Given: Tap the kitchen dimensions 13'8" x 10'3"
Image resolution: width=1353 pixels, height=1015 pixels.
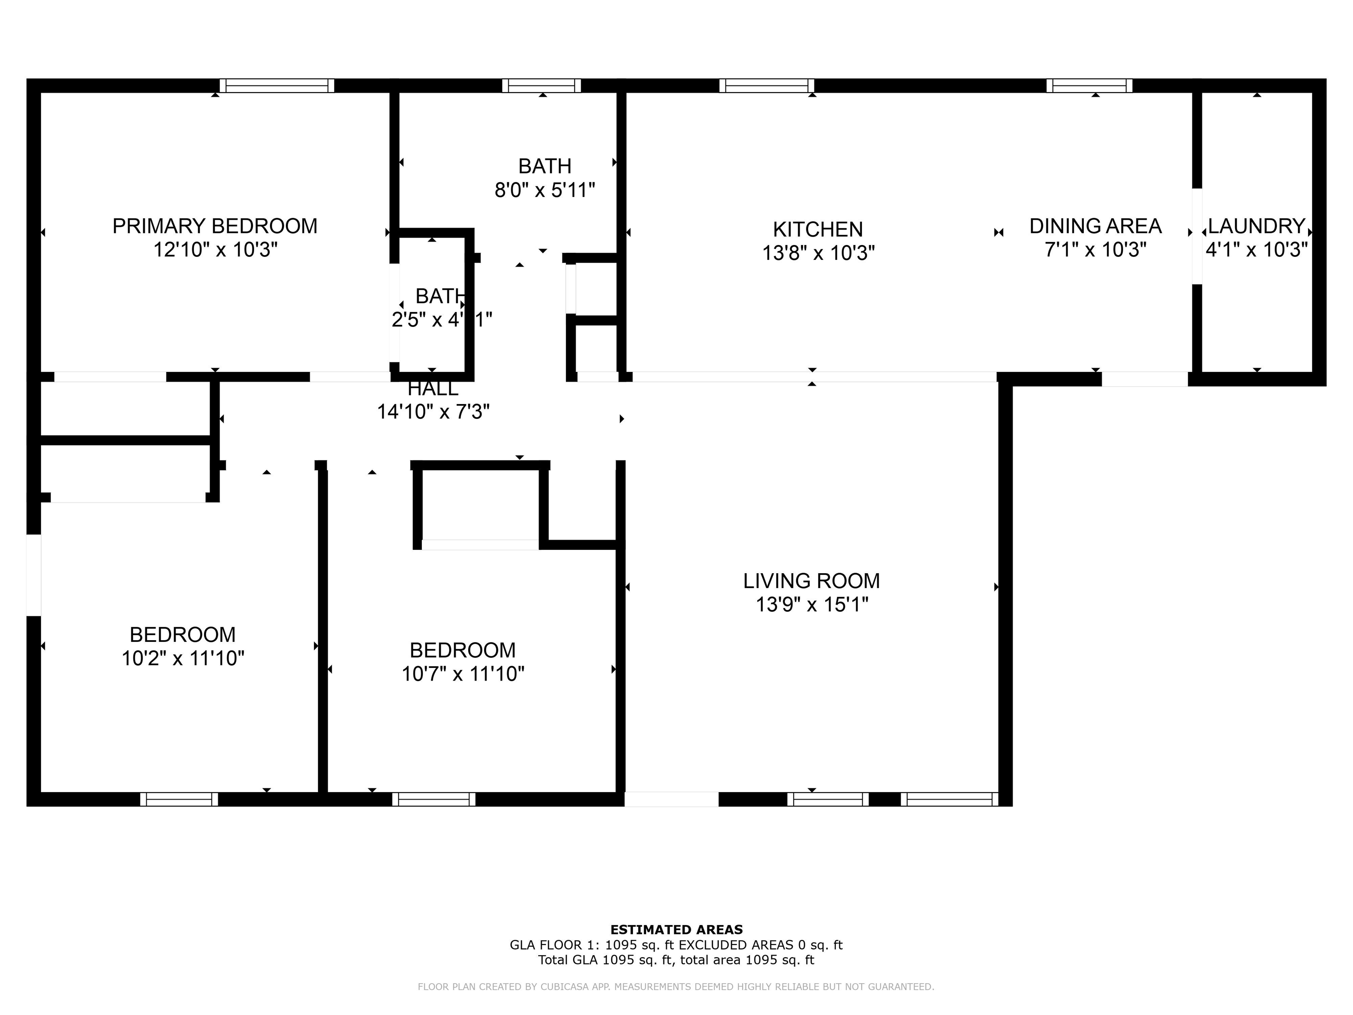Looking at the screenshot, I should pyautogui.click(x=818, y=253).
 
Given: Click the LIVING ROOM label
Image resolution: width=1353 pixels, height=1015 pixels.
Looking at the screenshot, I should pyautogui.click(x=811, y=581).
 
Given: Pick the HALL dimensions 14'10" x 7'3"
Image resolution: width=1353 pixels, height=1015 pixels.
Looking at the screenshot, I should pyautogui.click(x=433, y=412).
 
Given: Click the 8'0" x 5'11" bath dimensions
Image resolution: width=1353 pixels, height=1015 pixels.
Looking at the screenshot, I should pyautogui.click(x=544, y=190).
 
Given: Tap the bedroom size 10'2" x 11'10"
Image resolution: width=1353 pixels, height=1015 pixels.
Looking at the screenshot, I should pyautogui.click(x=183, y=658).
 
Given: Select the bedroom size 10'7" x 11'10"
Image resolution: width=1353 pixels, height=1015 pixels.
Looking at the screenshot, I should pyautogui.click(x=462, y=674).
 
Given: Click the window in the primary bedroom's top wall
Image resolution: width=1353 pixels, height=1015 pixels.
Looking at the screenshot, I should pyautogui.click(x=277, y=85).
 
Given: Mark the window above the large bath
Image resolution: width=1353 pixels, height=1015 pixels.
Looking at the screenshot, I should pyautogui.click(x=541, y=85).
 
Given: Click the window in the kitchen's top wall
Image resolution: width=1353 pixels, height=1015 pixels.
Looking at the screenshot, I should pyautogui.click(x=766, y=85).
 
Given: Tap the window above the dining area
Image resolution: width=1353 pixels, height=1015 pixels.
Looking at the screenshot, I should pyautogui.click(x=1089, y=85).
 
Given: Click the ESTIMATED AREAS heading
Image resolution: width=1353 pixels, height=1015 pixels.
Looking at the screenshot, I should pyautogui.click(x=676, y=930).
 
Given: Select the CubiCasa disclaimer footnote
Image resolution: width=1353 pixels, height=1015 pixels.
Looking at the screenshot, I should pyautogui.click(x=676, y=987).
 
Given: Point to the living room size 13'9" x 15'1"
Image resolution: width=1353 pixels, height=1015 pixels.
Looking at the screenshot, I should pyautogui.click(x=811, y=604).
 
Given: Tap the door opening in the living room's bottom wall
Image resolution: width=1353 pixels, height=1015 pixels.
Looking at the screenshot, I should pyautogui.click(x=671, y=799).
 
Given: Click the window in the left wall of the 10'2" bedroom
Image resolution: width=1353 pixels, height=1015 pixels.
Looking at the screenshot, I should pyautogui.click(x=33, y=575).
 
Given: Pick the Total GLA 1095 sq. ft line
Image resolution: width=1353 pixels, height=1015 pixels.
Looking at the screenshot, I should pyautogui.click(x=676, y=960).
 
